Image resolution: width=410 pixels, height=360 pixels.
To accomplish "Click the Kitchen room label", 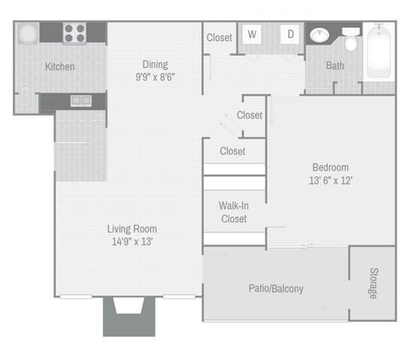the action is [x=60, y=67].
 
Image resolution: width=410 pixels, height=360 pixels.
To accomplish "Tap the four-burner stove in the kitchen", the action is [x=75, y=33].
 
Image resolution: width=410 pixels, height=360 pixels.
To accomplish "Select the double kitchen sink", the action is [x=81, y=100].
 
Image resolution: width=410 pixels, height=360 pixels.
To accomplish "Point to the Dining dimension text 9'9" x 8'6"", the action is [x=155, y=77].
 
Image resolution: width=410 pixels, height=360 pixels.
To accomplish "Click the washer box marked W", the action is [x=252, y=34].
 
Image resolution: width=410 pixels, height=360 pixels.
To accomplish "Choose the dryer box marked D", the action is [x=290, y=34].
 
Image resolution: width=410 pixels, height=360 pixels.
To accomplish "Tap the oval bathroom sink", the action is [x=319, y=35].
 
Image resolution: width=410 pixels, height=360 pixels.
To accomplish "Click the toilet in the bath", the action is [x=351, y=39].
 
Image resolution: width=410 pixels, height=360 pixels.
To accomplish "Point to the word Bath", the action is [x=335, y=66].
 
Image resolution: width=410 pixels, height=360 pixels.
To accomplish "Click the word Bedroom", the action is [x=331, y=167].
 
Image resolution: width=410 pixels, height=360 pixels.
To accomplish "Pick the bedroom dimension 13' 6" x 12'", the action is [x=331, y=181].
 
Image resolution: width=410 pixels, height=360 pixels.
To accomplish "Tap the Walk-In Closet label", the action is [x=234, y=212].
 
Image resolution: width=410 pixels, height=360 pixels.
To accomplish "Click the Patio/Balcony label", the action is [x=276, y=289].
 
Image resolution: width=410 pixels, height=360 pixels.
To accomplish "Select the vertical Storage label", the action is [x=374, y=283].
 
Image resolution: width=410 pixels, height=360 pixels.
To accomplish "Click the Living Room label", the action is [x=132, y=229].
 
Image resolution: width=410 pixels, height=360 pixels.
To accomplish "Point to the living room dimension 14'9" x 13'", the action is [x=132, y=241].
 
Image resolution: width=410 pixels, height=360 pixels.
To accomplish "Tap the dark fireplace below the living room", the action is [x=129, y=316].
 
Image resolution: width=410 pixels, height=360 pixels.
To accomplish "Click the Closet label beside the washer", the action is [x=219, y=37].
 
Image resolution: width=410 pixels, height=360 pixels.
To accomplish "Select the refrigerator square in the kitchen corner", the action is [x=28, y=33].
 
